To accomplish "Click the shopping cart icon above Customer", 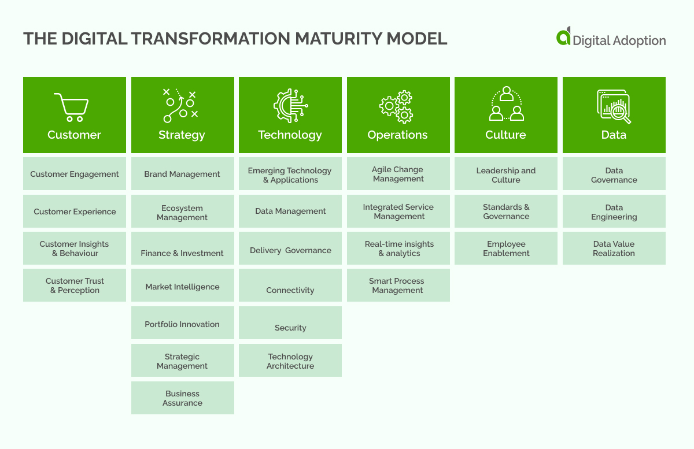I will pyautogui.click(x=72, y=107).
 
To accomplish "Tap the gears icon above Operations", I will pyautogui.click(x=397, y=106).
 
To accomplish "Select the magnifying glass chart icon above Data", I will pyautogui.click(x=614, y=106).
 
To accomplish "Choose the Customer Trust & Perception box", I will pyautogui.click(x=75, y=285).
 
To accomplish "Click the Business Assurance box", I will pyautogui.click(x=182, y=398).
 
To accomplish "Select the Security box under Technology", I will pyautogui.click(x=290, y=324).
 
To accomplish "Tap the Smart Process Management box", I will pyautogui.click(x=398, y=285).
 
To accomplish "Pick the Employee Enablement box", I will pyautogui.click(x=506, y=248).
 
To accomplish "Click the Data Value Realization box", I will pyautogui.click(x=614, y=248).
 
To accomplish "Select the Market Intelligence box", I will pyautogui.click(x=182, y=286).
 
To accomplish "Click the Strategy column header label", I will pyautogui.click(x=182, y=135).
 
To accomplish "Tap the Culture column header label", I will pyautogui.click(x=505, y=135).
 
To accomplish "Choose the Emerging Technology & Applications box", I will pyautogui.click(x=290, y=175).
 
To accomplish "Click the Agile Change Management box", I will pyautogui.click(x=398, y=174).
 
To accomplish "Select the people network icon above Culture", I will pyautogui.click(x=506, y=104).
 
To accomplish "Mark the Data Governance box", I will pyautogui.click(x=614, y=175).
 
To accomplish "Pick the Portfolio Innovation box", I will pyautogui.click(x=182, y=324).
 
